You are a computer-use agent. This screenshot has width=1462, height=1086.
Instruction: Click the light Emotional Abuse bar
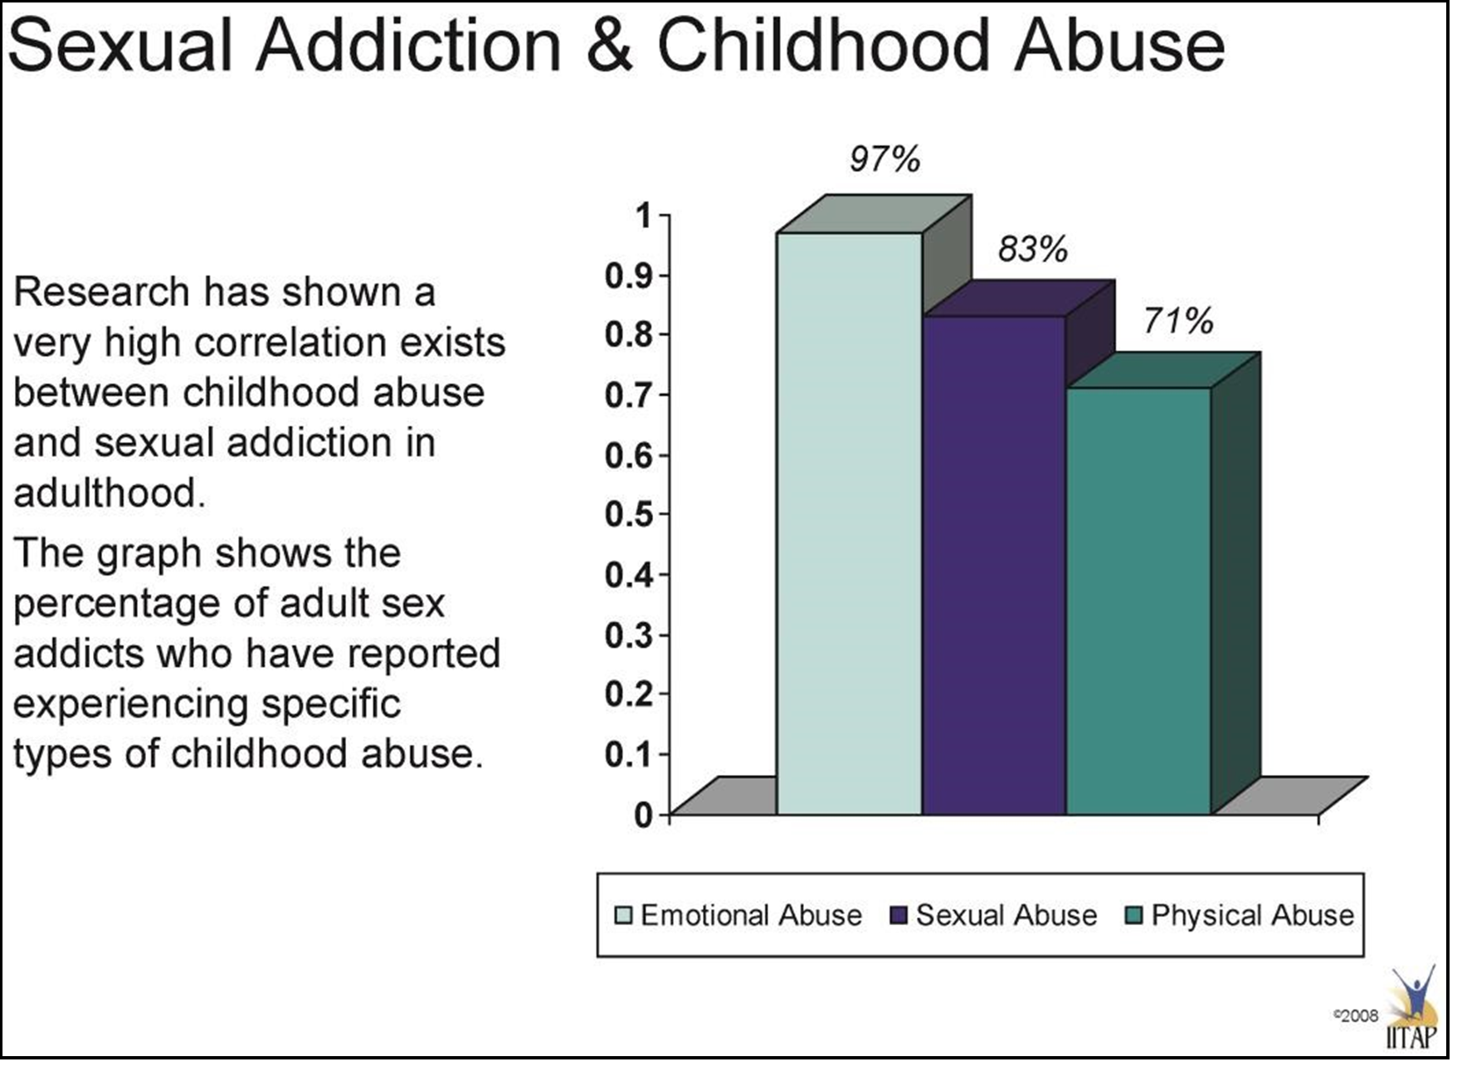click(849, 523)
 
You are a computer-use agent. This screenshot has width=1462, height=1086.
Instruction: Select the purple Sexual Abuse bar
click(994, 564)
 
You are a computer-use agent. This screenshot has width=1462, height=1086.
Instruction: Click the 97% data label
click(885, 159)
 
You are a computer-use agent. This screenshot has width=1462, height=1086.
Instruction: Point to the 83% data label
click(1032, 249)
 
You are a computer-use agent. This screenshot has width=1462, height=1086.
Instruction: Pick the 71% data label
click(1177, 320)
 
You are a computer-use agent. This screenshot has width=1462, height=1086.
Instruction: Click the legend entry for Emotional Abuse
click(738, 915)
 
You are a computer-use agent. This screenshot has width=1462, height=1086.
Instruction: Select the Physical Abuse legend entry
click(1240, 915)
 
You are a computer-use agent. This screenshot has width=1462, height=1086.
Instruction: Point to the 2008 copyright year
click(1359, 1015)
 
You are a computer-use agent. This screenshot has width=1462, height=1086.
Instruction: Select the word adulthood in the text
click(108, 494)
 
